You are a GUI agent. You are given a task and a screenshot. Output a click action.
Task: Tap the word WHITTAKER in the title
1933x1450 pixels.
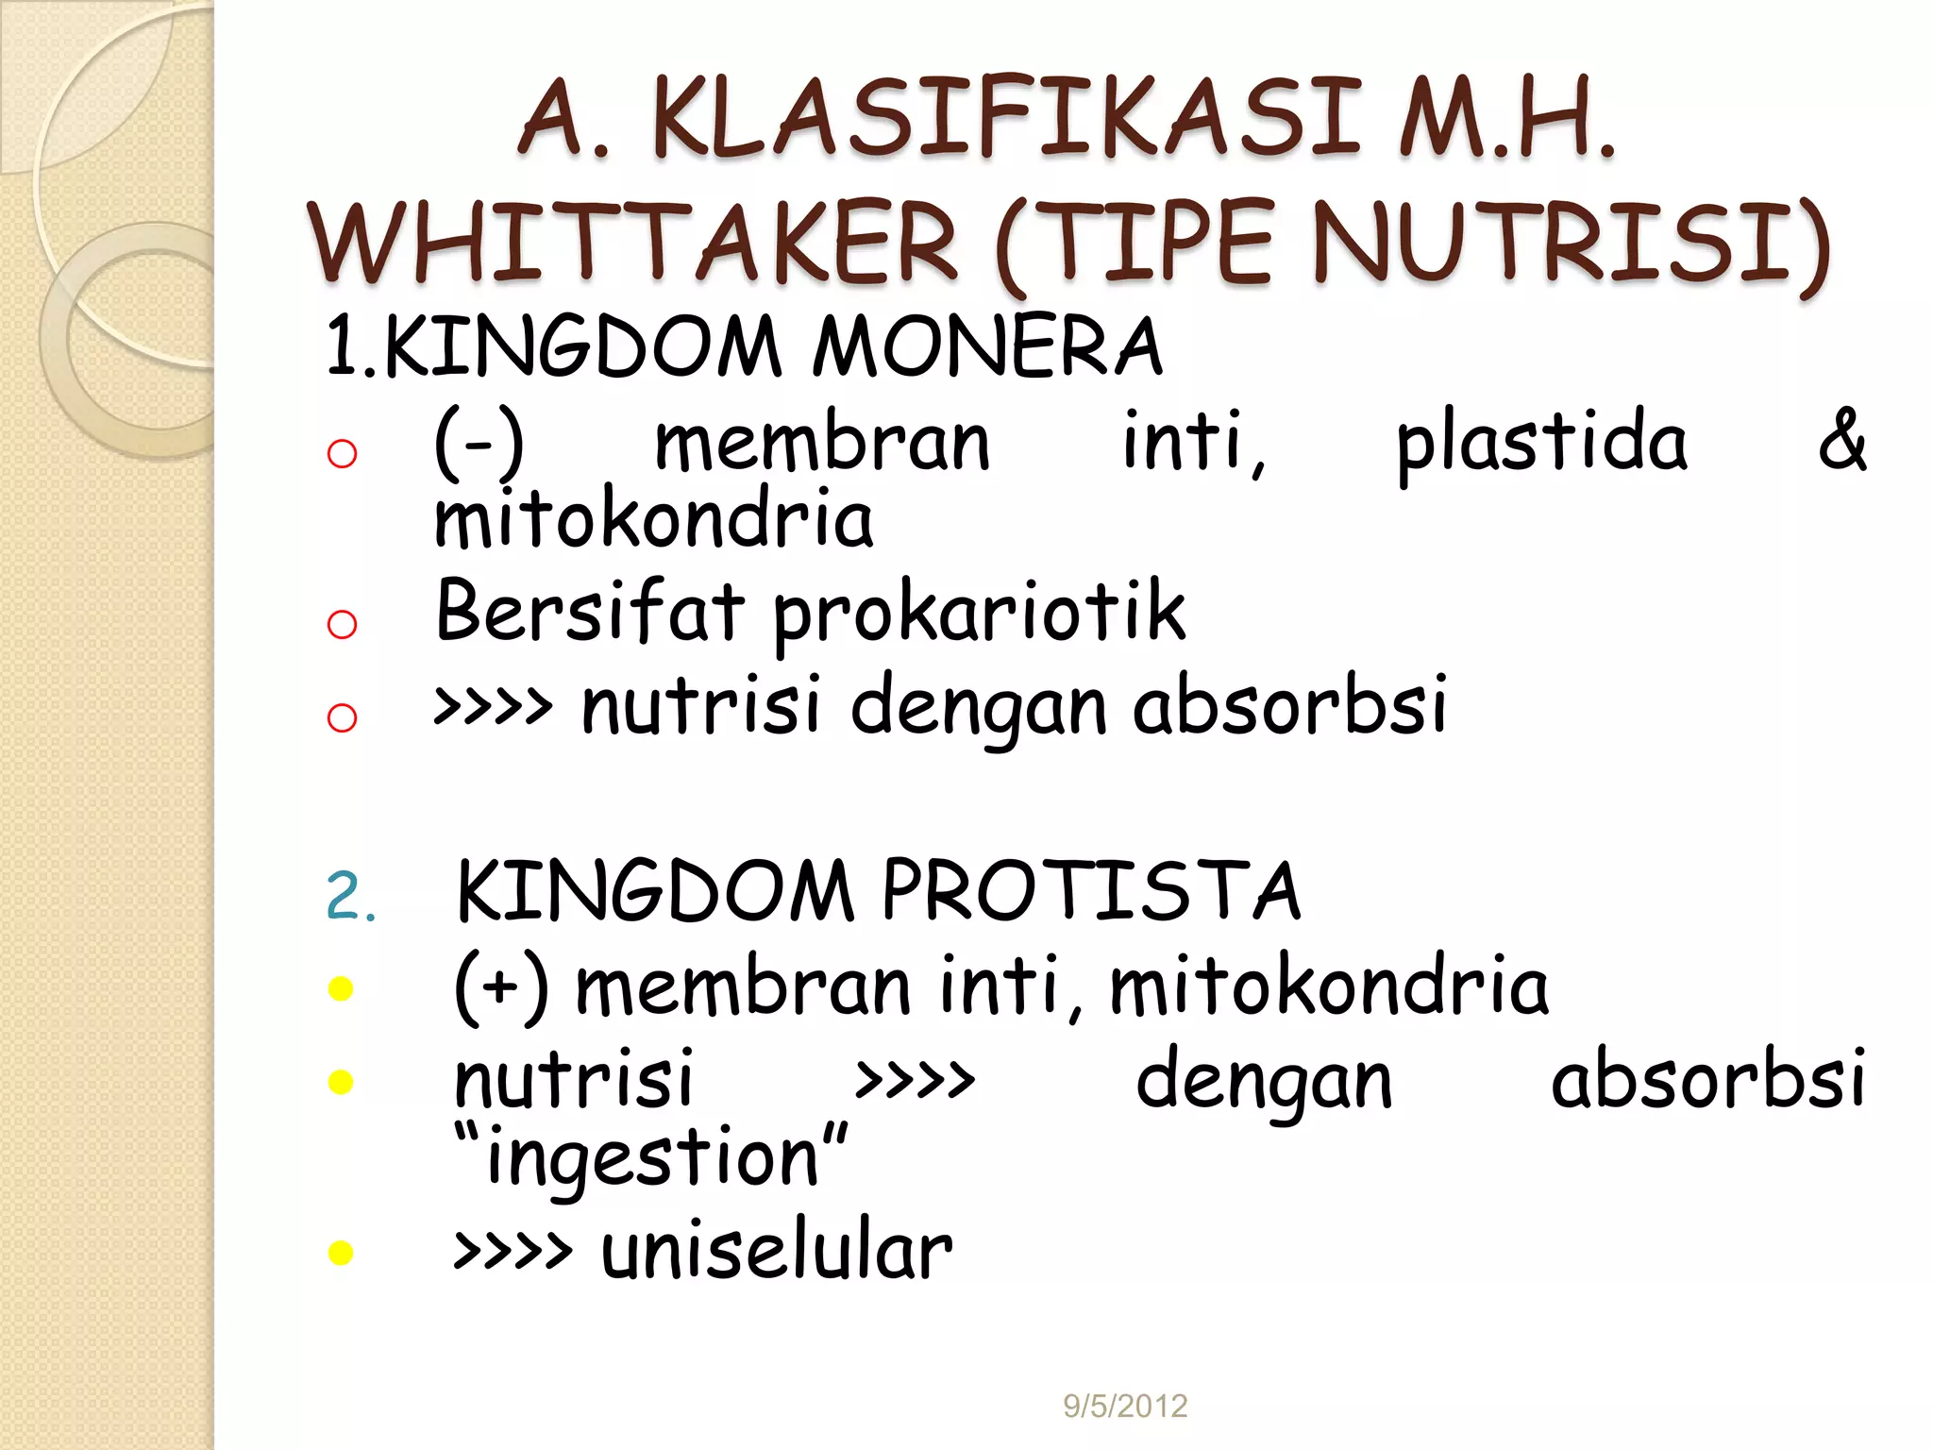click(x=632, y=243)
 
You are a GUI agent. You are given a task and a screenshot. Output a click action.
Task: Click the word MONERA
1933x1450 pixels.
click(x=986, y=346)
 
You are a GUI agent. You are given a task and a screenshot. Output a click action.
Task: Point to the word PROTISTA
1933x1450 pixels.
click(x=1090, y=891)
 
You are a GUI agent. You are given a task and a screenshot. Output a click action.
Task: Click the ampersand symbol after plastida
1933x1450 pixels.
click(x=1841, y=440)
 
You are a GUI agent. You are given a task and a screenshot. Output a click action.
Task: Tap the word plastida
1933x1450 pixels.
click(x=1541, y=442)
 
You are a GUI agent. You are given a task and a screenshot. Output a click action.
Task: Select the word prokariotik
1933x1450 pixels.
click(x=979, y=614)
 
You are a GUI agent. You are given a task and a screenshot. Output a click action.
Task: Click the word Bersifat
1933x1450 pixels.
click(x=590, y=611)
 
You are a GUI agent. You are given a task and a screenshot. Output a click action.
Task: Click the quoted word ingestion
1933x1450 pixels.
click(x=651, y=1157)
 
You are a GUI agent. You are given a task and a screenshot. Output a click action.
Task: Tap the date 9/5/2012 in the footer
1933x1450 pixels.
click(x=1125, y=1406)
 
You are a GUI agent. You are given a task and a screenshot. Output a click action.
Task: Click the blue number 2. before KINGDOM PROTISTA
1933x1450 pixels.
click(x=350, y=896)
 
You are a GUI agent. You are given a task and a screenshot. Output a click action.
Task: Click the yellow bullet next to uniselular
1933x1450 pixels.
click(x=340, y=1253)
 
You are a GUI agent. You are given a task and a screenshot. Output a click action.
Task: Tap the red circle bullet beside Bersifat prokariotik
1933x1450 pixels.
click(x=342, y=624)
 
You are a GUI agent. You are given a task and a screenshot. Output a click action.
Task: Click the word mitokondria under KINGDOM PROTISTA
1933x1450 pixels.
click(x=1329, y=986)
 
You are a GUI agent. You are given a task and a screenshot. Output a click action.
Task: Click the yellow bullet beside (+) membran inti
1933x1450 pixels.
click(x=340, y=988)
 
